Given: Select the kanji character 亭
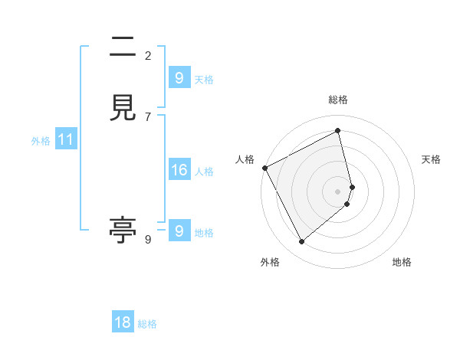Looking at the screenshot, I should (123, 230).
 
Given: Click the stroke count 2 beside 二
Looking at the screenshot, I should (148, 55).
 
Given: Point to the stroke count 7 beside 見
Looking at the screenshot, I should (148, 116).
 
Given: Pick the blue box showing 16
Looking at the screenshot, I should (179, 171).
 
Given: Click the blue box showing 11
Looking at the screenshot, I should (66, 140).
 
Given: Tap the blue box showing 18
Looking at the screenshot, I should (123, 322).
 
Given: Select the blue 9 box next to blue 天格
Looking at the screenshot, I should (179, 78).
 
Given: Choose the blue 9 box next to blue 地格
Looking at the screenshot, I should (179, 231).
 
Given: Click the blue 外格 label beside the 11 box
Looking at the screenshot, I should (41, 141).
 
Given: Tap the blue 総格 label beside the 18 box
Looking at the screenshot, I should (147, 324).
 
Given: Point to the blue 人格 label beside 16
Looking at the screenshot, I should (204, 172).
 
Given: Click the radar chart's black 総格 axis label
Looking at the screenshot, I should (338, 100).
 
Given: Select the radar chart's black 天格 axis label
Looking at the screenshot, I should (431, 159).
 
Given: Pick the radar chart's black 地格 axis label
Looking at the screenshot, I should (402, 262).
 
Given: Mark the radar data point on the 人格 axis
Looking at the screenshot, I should (264, 168).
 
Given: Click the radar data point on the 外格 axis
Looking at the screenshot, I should (301, 242).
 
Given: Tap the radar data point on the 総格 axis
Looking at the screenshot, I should (338, 131).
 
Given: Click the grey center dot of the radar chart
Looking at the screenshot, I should (338, 191).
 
